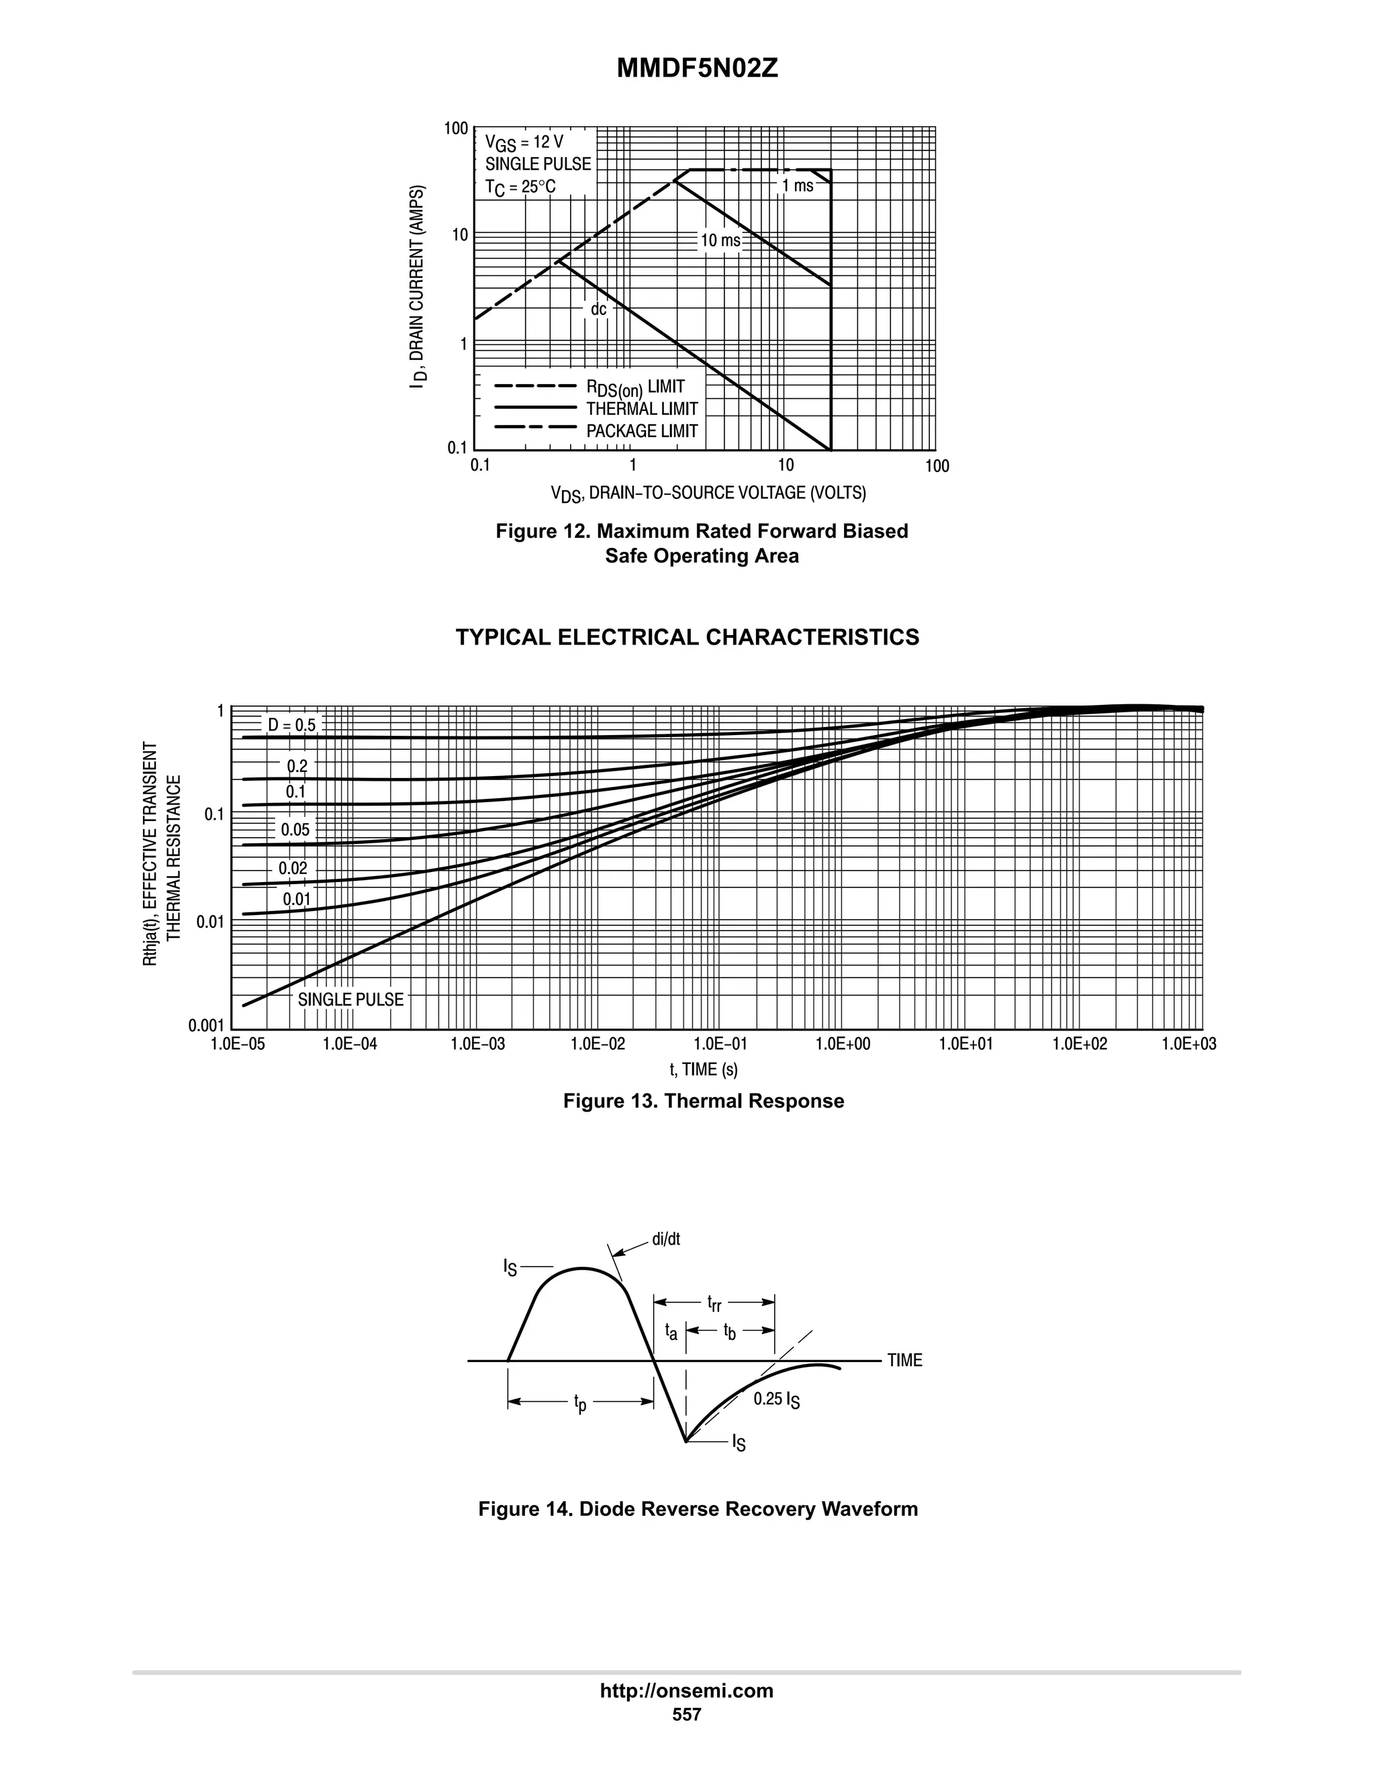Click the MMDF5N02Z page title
tap(698, 69)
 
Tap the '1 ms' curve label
tap(798, 187)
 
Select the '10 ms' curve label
tap(720, 241)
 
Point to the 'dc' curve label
tap(598, 310)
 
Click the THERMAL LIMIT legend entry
tap(642, 409)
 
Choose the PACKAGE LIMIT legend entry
tap(642, 431)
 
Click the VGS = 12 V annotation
tap(524, 142)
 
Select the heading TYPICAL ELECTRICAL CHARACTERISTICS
tap(687, 638)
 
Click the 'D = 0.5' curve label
tap(291, 725)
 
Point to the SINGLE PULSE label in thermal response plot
tap(350, 1000)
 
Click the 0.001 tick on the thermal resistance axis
tap(206, 1026)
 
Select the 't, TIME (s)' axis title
tap(703, 1069)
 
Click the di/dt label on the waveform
tap(665, 1240)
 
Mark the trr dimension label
tap(714, 1303)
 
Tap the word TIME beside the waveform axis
tap(904, 1360)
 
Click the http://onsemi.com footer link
tap(687, 1690)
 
